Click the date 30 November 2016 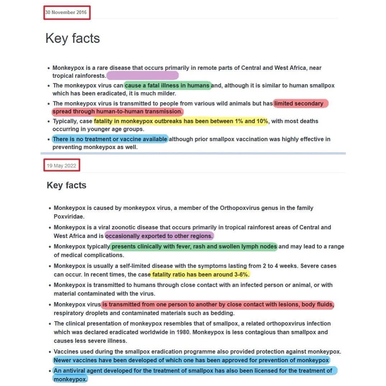pyautogui.click(x=66, y=13)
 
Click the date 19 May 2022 pyautogui.click(x=61, y=166)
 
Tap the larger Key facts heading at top pyautogui.click(x=73, y=38)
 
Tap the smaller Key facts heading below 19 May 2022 pyautogui.click(x=66, y=185)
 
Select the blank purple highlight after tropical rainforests pyautogui.click(x=143, y=75)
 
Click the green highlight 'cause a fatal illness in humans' pyautogui.click(x=167, y=85)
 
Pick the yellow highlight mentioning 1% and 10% pyautogui.click(x=181, y=121)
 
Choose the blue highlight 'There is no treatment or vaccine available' pyautogui.click(x=110, y=139)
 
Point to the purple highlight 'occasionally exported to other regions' pyautogui.click(x=159, y=236)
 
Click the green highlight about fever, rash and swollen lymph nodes pyautogui.click(x=194, y=247)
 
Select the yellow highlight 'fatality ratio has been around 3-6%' pyautogui.click(x=200, y=275)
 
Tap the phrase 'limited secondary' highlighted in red pyautogui.click(x=299, y=103)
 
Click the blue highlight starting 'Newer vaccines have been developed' pyautogui.click(x=191, y=360)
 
